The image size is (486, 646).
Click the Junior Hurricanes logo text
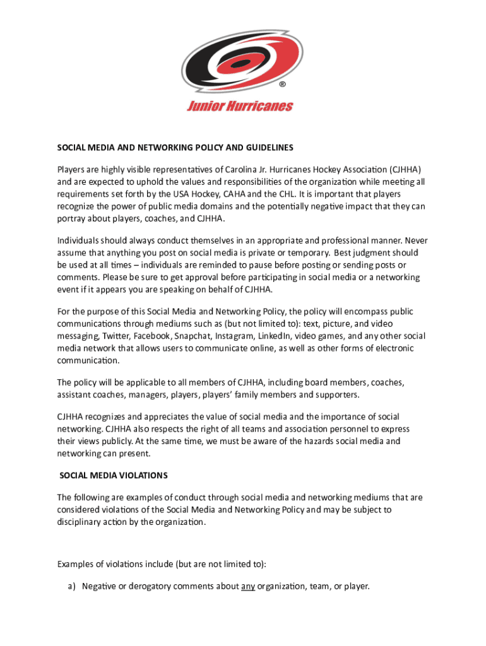240,106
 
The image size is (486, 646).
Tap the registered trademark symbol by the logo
284,83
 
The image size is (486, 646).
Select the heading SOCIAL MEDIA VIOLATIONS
114,475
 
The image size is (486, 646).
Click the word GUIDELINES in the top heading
269,148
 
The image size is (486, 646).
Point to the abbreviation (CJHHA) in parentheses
403,170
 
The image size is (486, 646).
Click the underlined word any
248,586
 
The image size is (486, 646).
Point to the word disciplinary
81,522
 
